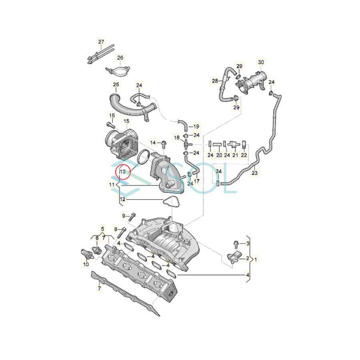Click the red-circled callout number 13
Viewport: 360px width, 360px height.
(x=123, y=172)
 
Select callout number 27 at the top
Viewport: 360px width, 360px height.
(x=101, y=42)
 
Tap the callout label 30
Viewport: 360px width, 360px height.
(x=261, y=62)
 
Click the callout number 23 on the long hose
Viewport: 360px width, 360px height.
(x=254, y=174)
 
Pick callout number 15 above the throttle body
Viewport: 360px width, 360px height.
(x=126, y=121)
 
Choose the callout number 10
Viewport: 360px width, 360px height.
(x=86, y=264)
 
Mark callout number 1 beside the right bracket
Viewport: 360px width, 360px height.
(x=256, y=260)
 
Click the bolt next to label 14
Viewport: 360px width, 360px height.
(x=164, y=142)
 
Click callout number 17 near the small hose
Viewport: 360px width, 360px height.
(x=196, y=181)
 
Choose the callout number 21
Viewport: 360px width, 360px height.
(x=235, y=155)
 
